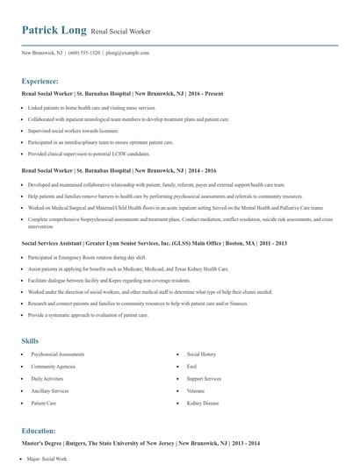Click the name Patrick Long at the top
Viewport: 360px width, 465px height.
(54, 31)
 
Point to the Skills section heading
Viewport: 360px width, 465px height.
(31, 340)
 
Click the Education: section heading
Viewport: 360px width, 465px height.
(40, 433)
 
